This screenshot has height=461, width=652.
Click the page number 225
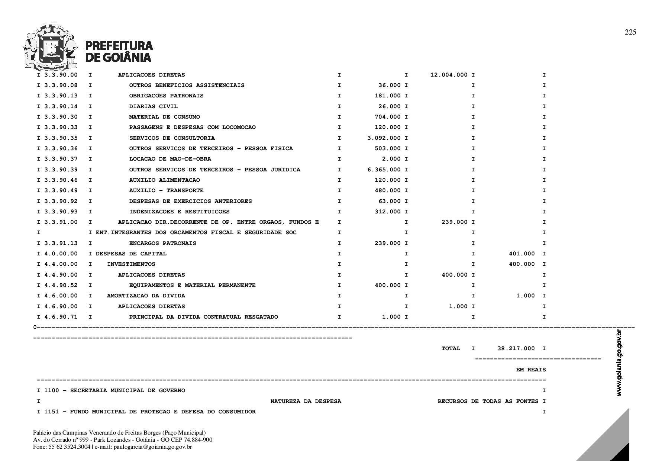[x=630, y=32]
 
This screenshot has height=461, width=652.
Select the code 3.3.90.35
[x=61, y=138]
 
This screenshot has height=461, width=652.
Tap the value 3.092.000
[x=384, y=138]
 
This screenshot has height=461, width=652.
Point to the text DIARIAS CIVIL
[x=153, y=106]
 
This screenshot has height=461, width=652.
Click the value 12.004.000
[x=449, y=75]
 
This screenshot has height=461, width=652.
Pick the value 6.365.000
[x=384, y=170]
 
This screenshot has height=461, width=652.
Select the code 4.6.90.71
[x=61, y=317]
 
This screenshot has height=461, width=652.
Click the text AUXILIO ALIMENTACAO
[x=164, y=180]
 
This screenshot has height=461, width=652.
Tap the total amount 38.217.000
[x=516, y=348]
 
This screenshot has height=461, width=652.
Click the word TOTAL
[x=451, y=348]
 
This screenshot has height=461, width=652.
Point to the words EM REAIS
[x=531, y=370]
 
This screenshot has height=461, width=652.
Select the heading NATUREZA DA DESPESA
[x=306, y=401]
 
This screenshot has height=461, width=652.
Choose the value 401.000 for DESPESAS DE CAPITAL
[x=522, y=254]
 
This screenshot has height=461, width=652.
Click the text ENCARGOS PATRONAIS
[x=162, y=243]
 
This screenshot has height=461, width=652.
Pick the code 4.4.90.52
[x=61, y=285]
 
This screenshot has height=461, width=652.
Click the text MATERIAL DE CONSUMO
[x=164, y=117]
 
